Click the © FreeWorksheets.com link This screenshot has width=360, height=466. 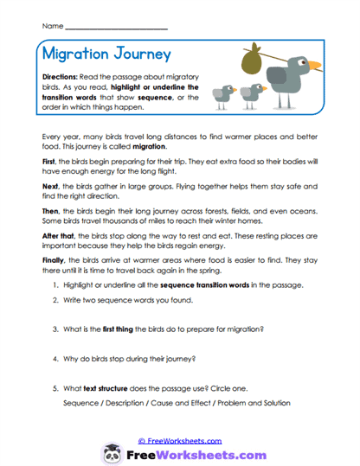tap(179, 440)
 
